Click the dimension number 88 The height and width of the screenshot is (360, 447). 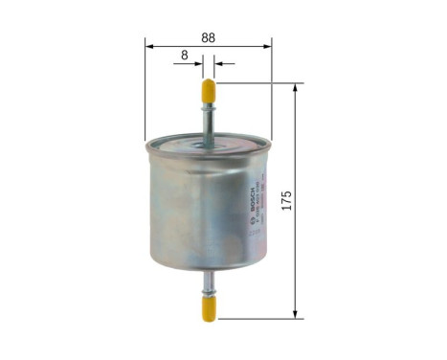click(208, 38)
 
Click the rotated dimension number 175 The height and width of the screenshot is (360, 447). click(285, 201)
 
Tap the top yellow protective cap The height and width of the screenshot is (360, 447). click(208, 92)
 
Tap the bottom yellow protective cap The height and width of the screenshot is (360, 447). click(208, 306)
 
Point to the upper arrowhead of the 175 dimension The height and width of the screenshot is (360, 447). click(297, 89)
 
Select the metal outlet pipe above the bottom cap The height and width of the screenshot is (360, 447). click(208, 280)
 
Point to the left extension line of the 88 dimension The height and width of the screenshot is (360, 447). click(145, 96)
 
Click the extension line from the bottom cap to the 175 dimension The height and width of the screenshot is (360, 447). click(258, 318)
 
